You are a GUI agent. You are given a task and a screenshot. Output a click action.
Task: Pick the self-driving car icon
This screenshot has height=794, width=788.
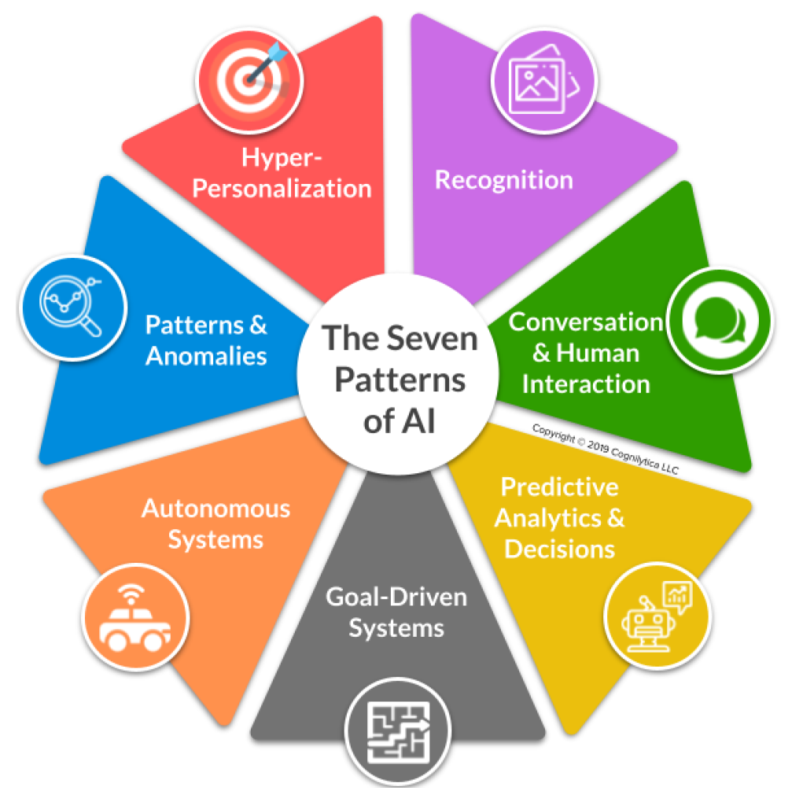pyautogui.click(x=134, y=619)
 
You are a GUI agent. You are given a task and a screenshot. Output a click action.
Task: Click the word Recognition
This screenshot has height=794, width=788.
pyautogui.click(x=504, y=180)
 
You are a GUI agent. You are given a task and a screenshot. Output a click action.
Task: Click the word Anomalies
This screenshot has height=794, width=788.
pyautogui.click(x=207, y=356)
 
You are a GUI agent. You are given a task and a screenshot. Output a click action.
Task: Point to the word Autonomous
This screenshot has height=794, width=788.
pyautogui.click(x=215, y=509)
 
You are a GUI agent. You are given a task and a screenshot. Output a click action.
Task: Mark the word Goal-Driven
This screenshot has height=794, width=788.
pyautogui.click(x=396, y=597)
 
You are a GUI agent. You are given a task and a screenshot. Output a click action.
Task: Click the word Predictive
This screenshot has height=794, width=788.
pyautogui.click(x=559, y=487)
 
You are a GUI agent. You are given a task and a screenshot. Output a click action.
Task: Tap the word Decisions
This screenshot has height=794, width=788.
pyautogui.click(x=559, y=549)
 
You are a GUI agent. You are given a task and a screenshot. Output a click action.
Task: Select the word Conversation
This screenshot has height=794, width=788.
pyautogui.click(x=586, y=322)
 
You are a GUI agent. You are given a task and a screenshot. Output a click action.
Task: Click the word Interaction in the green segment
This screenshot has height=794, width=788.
pyautogui.click(x=586, y=384)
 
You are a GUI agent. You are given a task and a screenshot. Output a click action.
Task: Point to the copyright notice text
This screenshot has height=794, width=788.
pyautogui.click(x=605, y=450)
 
